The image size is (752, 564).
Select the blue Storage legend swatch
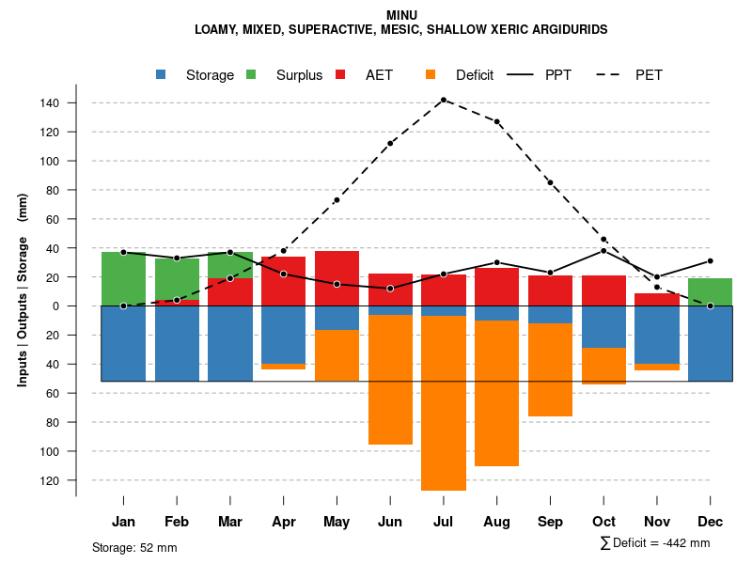click(162, 74)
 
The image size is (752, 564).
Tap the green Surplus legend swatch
click(251, 74)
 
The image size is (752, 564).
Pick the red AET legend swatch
click(341, 74)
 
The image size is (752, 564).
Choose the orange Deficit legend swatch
click(431, 74)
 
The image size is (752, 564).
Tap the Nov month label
click(657, 522)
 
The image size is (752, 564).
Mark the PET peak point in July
click(443, 100)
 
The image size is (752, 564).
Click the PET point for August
click(496, 121)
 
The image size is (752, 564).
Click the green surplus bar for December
click(710, 291)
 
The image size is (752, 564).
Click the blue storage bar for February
click(177, 343)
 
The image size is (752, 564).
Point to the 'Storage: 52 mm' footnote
click(134, 547)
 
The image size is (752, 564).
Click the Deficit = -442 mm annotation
click(655, 543)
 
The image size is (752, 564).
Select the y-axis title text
click(23, 290)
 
